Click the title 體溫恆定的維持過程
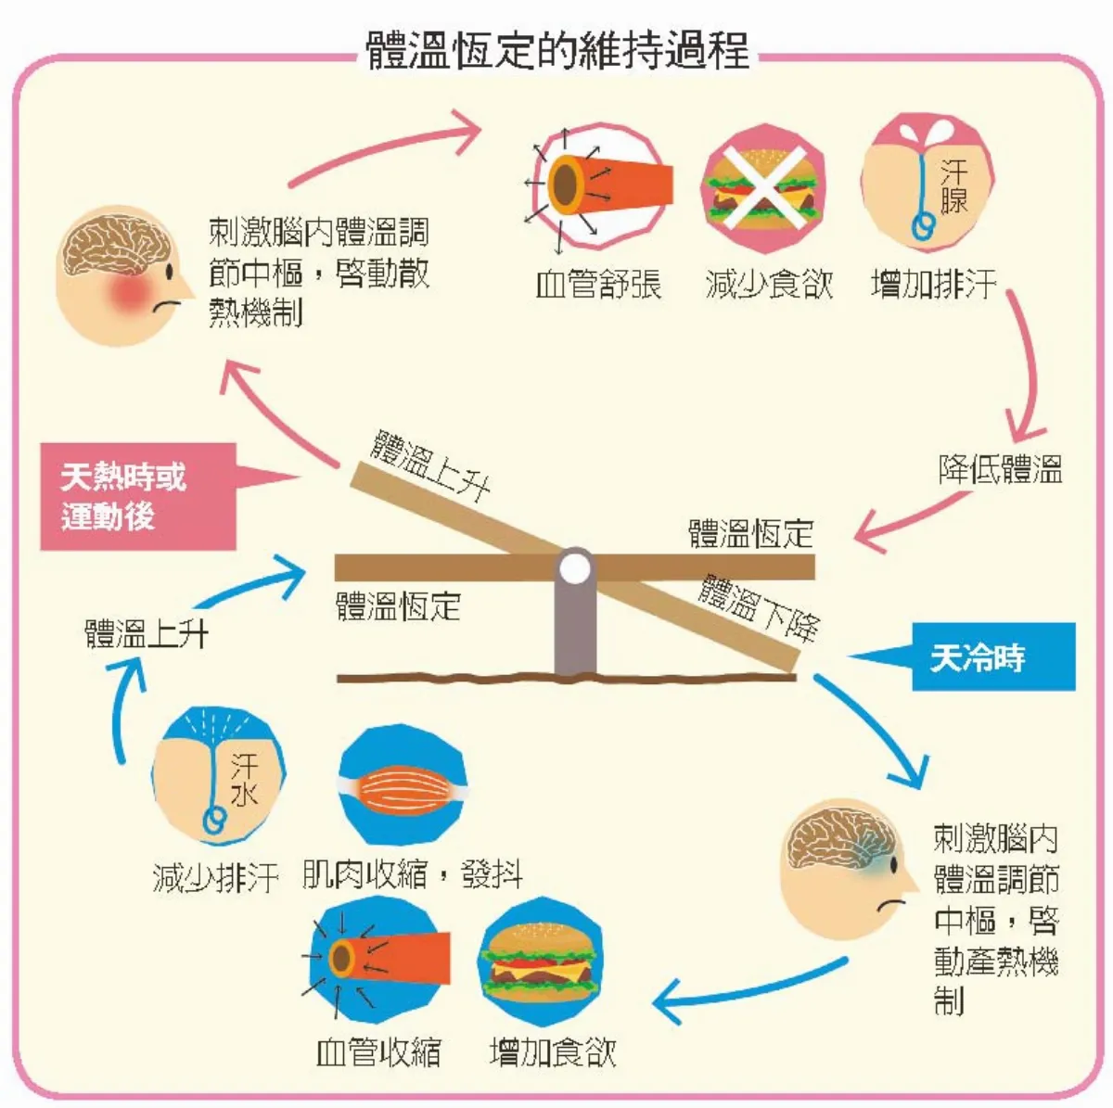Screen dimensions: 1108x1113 click(x=557, y=50)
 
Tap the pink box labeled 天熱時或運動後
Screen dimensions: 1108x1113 click(x=137, y=497)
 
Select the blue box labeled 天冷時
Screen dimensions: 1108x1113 click(x=992, y=657)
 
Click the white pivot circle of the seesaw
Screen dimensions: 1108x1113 click(x=575, y=567)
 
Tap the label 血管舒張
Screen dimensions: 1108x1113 click(x=598, y=285)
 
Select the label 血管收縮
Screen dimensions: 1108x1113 click(x=378, y=1052)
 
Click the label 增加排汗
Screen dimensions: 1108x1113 click(x=933, y=285)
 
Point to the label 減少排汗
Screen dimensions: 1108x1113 click(x=215, y=876)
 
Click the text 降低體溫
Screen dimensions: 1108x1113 click(x=1000, y=469)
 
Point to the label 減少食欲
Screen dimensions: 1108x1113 click(x=769, y=285)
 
